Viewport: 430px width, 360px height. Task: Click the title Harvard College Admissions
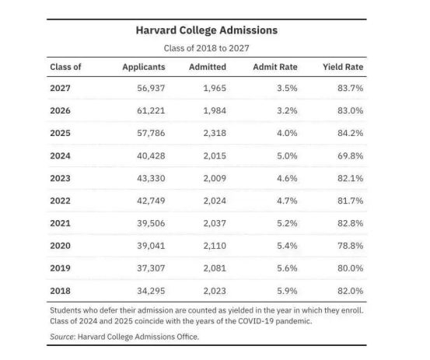click(207, 30)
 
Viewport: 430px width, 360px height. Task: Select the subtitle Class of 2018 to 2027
click(207, 48)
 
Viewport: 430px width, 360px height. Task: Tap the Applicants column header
click(144, 67)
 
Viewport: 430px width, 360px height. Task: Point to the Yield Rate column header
click(343, 67)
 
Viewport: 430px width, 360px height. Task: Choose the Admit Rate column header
click(275, 67)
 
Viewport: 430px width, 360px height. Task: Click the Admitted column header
click(208, 67)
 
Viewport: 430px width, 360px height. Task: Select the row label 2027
click(61, 89)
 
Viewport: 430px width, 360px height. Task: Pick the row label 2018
click(61, 291)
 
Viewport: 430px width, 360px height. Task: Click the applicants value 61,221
click(151, 110)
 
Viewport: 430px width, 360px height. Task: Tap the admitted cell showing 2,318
click(215, 133)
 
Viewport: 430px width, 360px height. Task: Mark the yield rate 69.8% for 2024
click(351, 156)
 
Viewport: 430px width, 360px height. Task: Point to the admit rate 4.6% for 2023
click(287, 179)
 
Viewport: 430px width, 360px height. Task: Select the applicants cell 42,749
click(151, 201)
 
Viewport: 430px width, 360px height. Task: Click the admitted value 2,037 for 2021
click(215, 223)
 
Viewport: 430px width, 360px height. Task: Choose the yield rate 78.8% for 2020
click(351, 246)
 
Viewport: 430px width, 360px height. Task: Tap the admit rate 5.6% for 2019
click(287, 268)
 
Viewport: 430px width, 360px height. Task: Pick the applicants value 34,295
click(151, 291)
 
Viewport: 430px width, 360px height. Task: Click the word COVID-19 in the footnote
click(256, 321)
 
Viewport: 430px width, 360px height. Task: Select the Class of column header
click(65, 67)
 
